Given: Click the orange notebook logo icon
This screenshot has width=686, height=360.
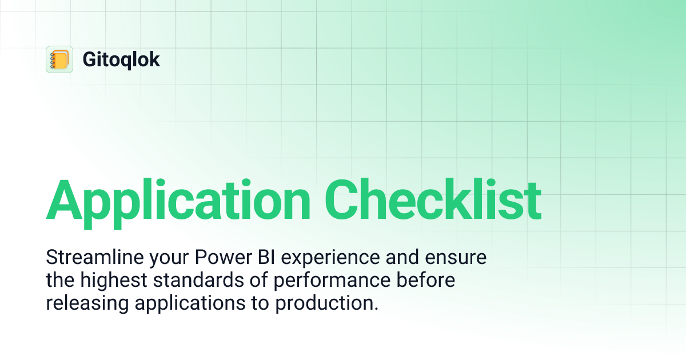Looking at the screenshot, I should [x=59, y=59].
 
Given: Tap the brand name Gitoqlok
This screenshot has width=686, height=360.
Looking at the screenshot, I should [x=121, y=59].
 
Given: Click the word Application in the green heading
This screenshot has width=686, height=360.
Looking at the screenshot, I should [x=178, y=200].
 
